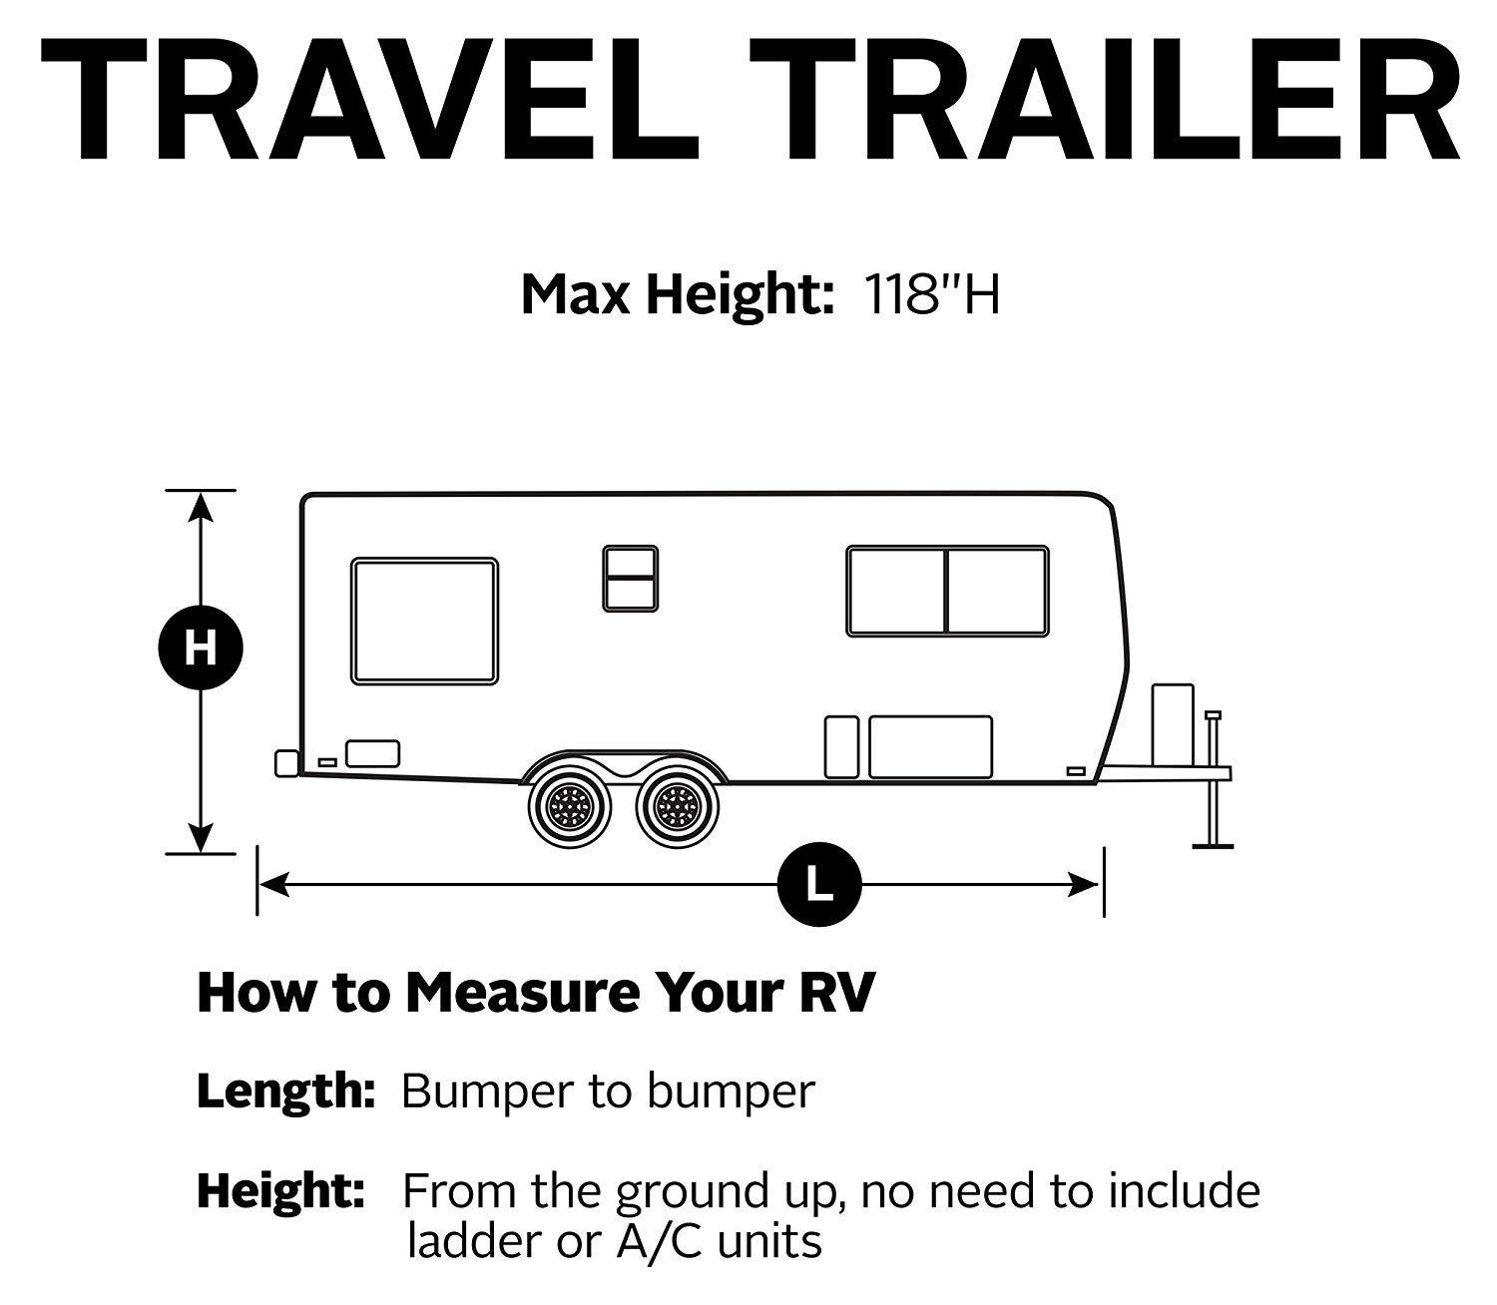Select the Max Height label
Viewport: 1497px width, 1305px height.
[x=678, y=294]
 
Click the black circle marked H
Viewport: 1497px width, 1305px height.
[x=201, y=650]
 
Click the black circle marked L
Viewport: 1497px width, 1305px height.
[x=819, y=884]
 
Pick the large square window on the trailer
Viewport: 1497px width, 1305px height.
[x=424, y=622]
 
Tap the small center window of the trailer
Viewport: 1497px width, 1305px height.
[x=630, y=578]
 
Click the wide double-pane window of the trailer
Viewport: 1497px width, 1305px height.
[x=947, y=591]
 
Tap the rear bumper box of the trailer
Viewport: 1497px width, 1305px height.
[x=286, y=762]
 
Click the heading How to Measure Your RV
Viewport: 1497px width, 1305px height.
[x=536, y=993]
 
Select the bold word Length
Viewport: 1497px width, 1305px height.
[x=284, y=1092]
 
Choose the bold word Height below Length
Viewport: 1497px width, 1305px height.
[x=280, y=1191]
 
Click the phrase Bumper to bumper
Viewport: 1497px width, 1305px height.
[x=608, y=1092]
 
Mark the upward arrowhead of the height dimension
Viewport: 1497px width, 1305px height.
[x=202, y=508]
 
